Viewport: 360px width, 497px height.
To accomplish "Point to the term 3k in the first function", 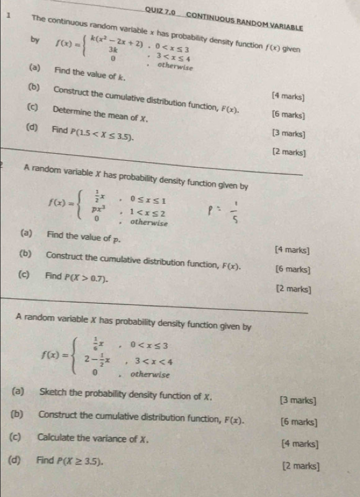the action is point(114,49).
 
